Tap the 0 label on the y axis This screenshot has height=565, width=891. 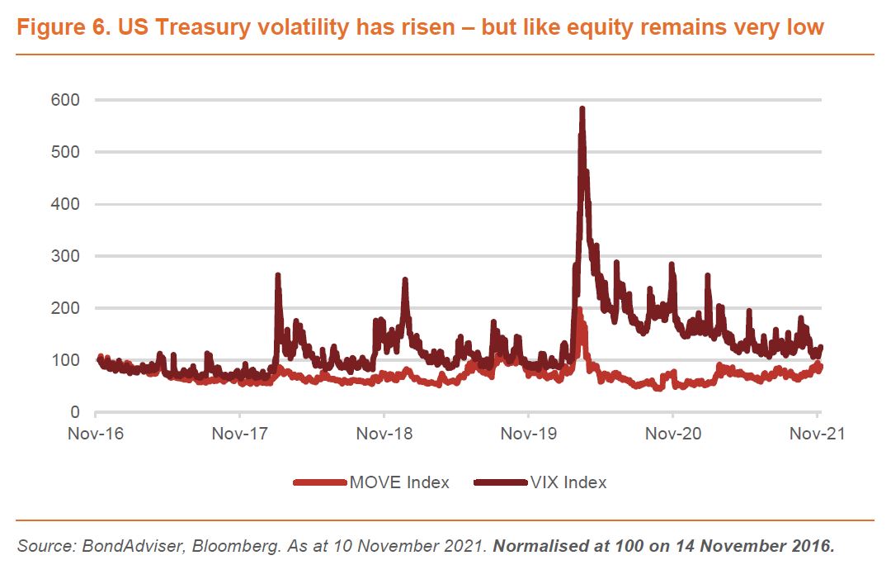click(x=75, y=412)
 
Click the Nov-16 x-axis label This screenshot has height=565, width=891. click(x=96, y=434)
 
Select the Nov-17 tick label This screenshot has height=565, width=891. click(x=239, y=434)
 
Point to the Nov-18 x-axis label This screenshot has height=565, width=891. click(x=384, y=434)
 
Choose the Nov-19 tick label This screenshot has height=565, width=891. click(x=528, y=434)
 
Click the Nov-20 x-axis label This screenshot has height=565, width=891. click(x=672, y=434)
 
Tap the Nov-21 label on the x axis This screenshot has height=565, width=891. click(x=817, y=434)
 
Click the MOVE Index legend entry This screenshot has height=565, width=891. click(x=372, y=482)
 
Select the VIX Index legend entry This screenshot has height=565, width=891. click(x=540, y=482)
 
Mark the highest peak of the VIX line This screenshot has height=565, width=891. click(x=582, y=108)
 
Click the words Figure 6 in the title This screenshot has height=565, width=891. click(x=61, y=27)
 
